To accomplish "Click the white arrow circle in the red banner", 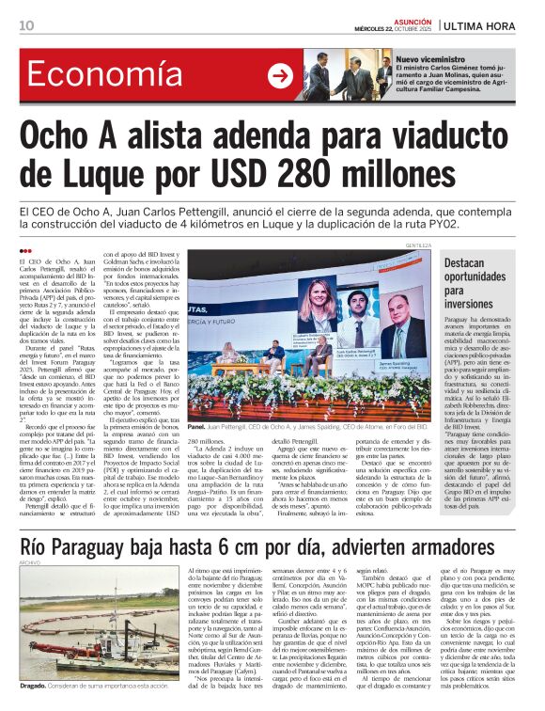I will click(280, 76).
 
